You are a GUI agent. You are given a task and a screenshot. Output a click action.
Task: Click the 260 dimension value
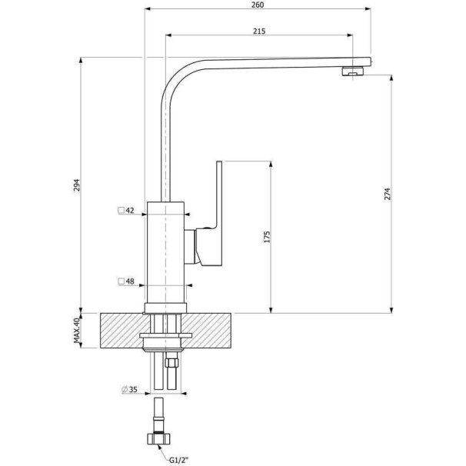(x=258, y=5)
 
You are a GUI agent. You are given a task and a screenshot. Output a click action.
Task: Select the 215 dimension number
(x=259, y=32)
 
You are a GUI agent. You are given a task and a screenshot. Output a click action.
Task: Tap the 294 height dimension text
(x=77, y=185)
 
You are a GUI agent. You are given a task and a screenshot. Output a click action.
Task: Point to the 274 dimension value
(x=388, y=194)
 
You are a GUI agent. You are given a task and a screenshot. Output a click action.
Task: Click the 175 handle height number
(x=267, y=237)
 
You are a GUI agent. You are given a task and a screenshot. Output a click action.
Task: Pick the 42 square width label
(x=130, y=211)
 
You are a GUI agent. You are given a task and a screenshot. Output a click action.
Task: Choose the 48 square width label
(x=130, y=281)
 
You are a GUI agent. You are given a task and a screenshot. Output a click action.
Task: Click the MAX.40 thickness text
(x=77, y=331)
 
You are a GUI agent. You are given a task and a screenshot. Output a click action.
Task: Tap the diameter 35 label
(x=133, y=389)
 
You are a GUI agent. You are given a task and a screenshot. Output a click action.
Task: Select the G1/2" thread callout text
(x=179, y=461)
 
